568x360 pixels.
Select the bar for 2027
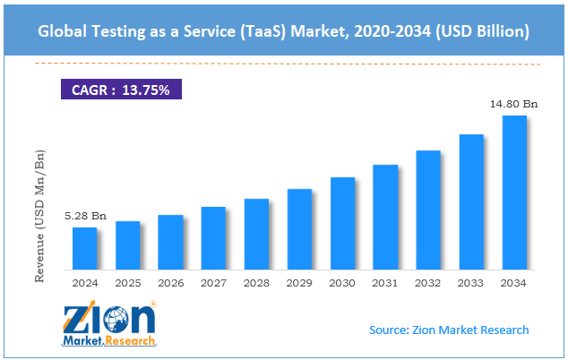pyautogui.click(x=213, y=238)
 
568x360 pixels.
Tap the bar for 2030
pyautogui.click(x=342, y=223)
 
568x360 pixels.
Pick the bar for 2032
pyautogui.click(x=428, y=210)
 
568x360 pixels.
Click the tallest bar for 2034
pyautogui.click(x=514, y=193)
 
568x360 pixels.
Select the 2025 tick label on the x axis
pyautogui.click(x=127, y=283)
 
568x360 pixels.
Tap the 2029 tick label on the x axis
pyautogui.click(x=299, y=283)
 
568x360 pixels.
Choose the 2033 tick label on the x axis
pyautogui.click(x=471, y=283)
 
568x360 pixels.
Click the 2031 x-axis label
pyautogui.click(x=385, y=283)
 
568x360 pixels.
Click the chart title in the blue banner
pyautogui.click(x=284, y=31)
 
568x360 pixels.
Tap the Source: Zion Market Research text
pyautogui.click(x=449, y=330)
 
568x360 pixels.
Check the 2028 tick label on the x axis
pyautogui.click(x=256, y=283)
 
